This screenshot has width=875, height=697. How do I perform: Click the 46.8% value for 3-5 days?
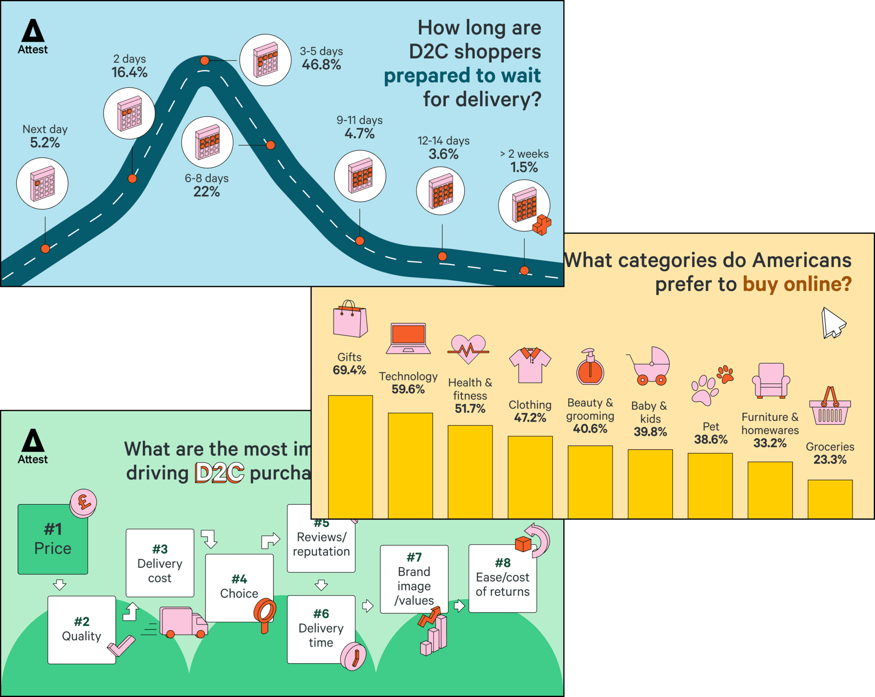(x=321, y=65)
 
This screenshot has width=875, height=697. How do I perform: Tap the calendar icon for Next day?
(x=42, y=184)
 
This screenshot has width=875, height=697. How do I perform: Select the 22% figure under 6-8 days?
(x=206, y=192)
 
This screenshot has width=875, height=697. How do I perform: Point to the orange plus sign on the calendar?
(x=542, y=225)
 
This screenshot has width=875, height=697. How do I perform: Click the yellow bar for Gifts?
(x=350, y=456)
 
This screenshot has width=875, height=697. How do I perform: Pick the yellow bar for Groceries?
(x=830, y=499)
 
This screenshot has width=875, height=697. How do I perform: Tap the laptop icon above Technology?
(x=408, y=338)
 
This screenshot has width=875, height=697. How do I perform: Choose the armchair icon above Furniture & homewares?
(x=770, y=380)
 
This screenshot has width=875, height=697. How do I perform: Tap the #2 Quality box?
(x=82, y=629)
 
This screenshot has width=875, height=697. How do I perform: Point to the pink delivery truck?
(x=183, y=623)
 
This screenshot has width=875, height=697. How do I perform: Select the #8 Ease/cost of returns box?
(x=502, y=578)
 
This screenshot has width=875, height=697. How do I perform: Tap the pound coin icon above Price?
(x=83, y=503)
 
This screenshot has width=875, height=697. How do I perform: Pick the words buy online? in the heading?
(x=797, y=284)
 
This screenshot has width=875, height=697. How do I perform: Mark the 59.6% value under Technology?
(x=408, y=389)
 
